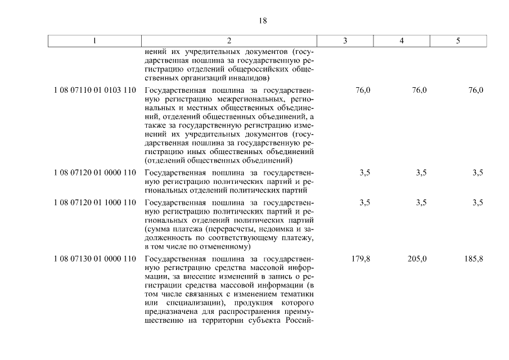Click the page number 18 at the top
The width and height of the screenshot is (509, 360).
(263, 21)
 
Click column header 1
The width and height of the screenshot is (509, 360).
(95, 40)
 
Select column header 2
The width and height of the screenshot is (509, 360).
(229, 40)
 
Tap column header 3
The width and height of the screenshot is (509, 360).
(345, 40)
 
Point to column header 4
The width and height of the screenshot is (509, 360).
(402, 40)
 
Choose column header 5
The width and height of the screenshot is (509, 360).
(458, 40)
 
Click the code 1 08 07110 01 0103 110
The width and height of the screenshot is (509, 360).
(95, 90)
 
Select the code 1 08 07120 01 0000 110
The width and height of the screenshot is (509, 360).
(95, 173)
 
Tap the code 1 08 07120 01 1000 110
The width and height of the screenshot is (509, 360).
(95, 202)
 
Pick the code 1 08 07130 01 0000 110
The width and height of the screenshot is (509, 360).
(95, 259)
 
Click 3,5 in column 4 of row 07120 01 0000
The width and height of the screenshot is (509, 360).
(421, 173)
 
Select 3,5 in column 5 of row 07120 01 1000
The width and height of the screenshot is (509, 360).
(478, 202)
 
